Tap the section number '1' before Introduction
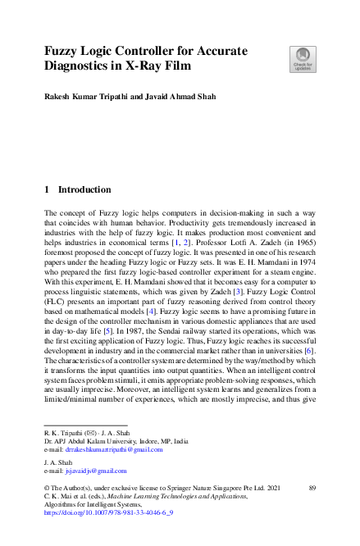click(47, 189)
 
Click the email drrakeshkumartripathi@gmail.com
click(115, 449)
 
